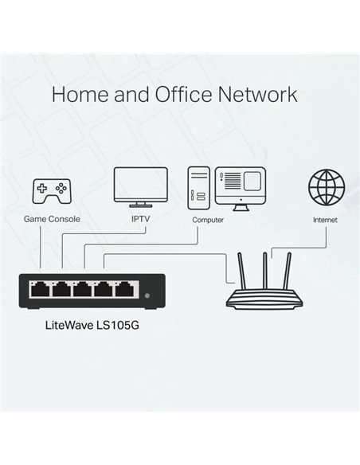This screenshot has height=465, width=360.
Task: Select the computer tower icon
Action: [x=198, y=188]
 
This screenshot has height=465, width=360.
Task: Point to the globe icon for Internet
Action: [x=326, y=187]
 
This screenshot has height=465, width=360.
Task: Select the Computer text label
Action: [x=208, y=219]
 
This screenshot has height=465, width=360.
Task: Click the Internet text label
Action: [x=325, y=219]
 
